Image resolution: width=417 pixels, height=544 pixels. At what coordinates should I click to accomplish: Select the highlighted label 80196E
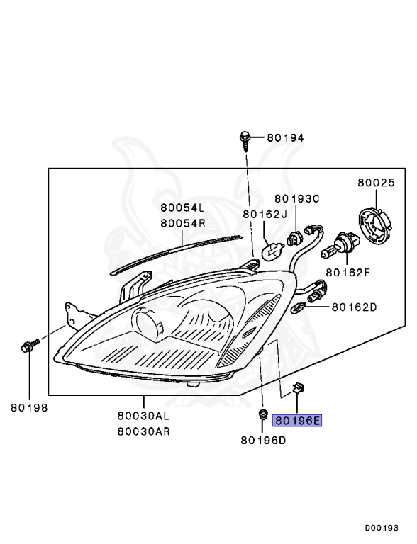point(296,421)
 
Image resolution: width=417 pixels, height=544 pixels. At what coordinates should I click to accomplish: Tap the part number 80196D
point(263,440)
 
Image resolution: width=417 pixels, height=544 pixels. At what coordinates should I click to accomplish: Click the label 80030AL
point(144,416)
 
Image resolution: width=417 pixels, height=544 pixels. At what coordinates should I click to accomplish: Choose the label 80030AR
point(144,430)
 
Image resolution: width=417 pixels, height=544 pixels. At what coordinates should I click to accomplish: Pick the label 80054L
point(182,208)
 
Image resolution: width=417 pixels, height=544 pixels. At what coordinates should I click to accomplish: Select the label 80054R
point(182,222)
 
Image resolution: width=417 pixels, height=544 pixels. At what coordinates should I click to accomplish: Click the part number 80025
point(375,183)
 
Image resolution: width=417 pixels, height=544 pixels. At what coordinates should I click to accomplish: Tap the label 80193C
point(298,198)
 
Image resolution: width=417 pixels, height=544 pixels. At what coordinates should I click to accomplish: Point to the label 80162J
point(265,213)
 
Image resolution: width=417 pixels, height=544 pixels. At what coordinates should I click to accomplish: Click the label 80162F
point(349,271)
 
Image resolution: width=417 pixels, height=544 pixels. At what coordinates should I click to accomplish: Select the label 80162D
point(354,307)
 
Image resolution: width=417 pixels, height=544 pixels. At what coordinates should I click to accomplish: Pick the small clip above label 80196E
point(297,387)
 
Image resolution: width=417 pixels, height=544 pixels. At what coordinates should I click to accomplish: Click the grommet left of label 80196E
point(263,416)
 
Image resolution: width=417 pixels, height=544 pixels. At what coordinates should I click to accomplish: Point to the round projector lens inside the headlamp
point(145,324)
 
